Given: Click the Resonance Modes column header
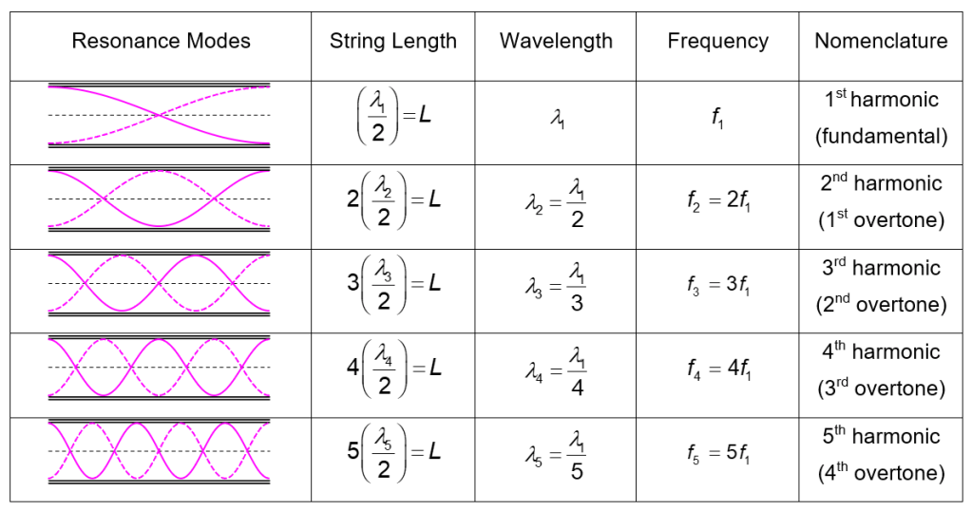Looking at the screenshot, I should [x=161, y=41].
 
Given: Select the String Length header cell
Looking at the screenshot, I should [x=392, y=41].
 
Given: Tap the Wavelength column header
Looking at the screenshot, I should [x=556, y=41].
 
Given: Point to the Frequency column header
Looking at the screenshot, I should [x=717, y=41].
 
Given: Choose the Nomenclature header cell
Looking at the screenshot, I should [x=881, y=41].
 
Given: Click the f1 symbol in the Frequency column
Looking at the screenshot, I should [x=717, y=119].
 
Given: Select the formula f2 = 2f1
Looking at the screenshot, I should [x=717, y=202].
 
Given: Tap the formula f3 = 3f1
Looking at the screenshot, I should [x=717, y=286].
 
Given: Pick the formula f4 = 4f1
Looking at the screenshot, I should [x=717, y=369].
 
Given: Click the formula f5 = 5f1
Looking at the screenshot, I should [x=717, y=453].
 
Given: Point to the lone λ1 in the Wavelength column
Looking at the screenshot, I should [x=556, y=119].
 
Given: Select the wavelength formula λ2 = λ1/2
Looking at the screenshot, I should [x=556, y=203].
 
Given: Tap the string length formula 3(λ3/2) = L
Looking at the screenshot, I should [x=393, y=286].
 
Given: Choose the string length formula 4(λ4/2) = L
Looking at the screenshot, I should [x=393, y=369].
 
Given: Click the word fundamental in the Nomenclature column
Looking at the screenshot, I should [x=881, y=137].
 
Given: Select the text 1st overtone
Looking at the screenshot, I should [x=881, y=220].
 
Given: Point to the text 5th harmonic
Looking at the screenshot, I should [x=881, y=437].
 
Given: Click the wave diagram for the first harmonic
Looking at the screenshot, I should [x=159, y=116].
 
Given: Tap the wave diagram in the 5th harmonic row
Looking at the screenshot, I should [x=159, y=450].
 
